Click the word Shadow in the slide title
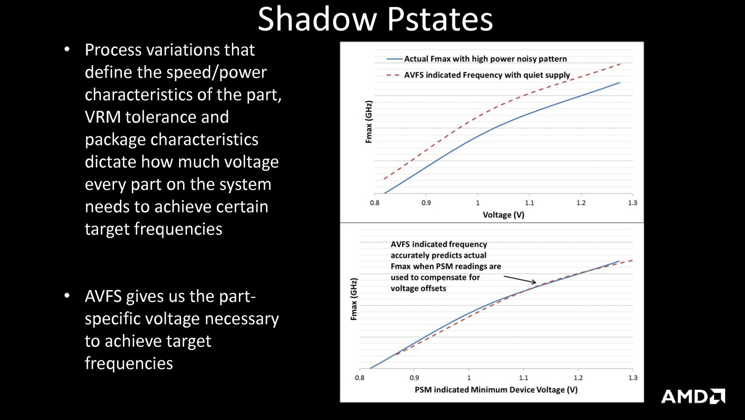click(317, 19)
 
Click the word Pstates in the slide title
click(440, 19)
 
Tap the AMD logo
click(693, 396)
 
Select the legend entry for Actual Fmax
click(477, 59)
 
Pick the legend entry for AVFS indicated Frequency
click(478, 75)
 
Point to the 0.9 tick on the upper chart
click(426, 203)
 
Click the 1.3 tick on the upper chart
click(632, 203)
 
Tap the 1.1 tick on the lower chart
click(523, 378)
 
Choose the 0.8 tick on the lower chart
click(360, 378)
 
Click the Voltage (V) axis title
click(503, 215)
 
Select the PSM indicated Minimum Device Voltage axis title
click(496, 390)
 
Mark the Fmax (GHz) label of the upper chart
click(369, 122)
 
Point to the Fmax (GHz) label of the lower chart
click(354, 299)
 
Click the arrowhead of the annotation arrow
click(535, 283)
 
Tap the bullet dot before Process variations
click(67, 49)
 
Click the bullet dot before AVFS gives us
click(67, 296)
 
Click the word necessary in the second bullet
click(242, 319)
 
